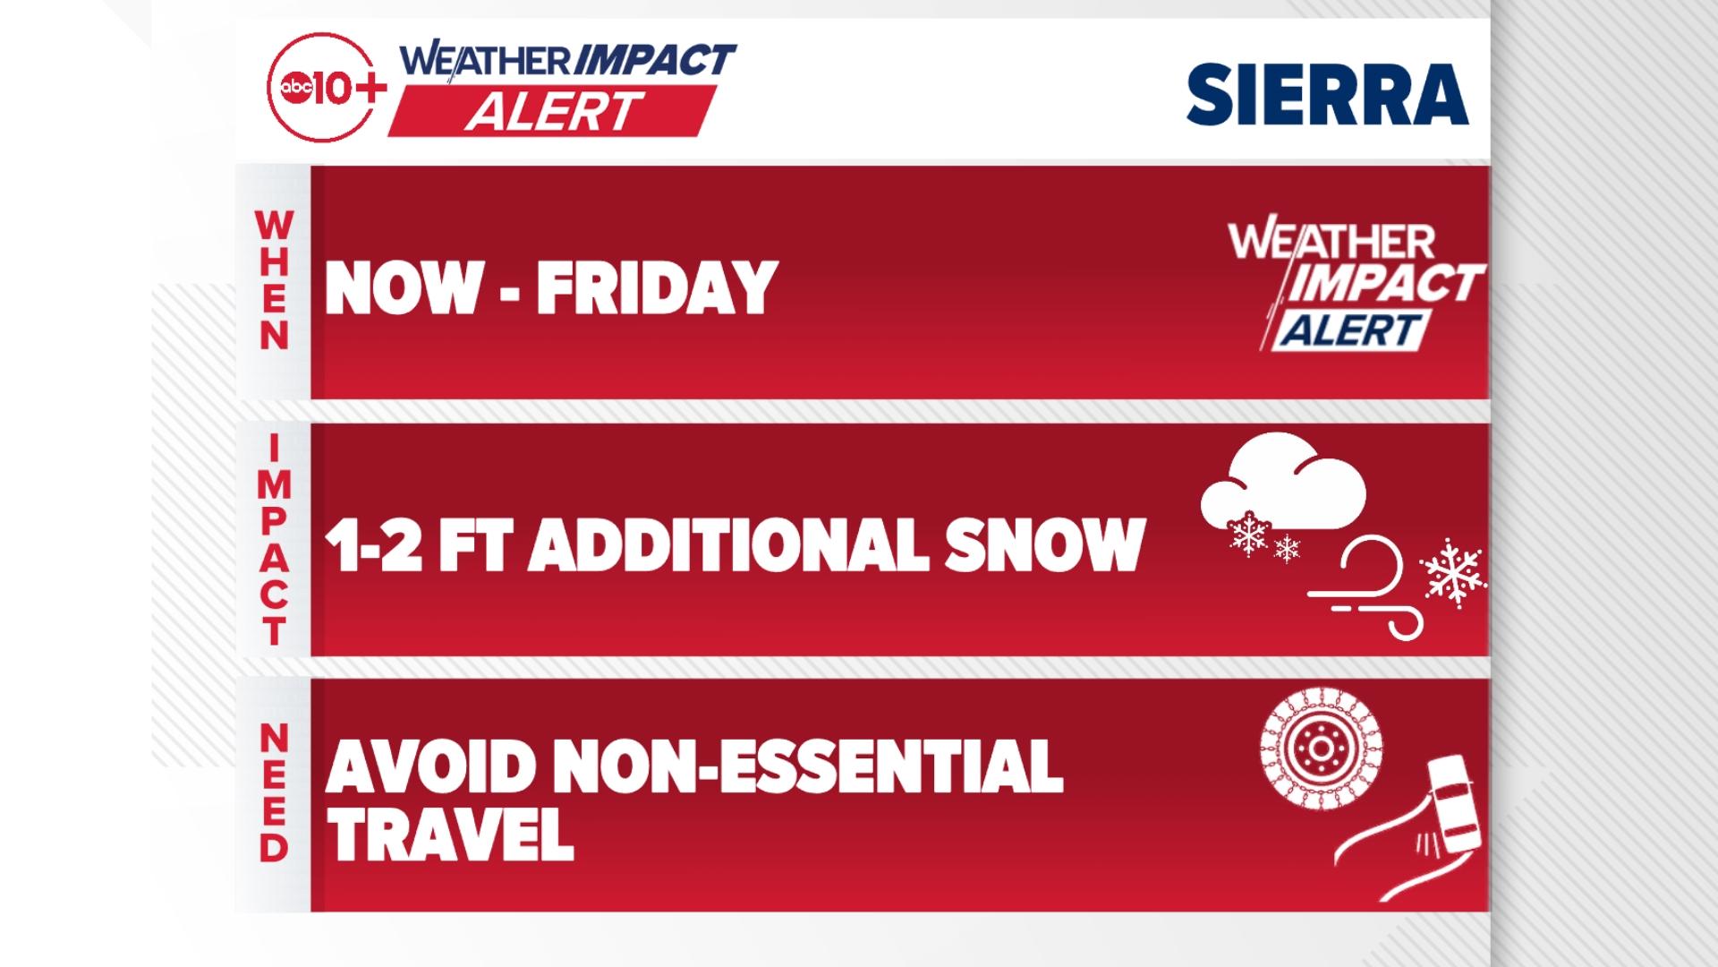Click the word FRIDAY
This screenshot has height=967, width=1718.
[x=654, y=288]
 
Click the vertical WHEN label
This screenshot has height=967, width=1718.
[x=274, y=281]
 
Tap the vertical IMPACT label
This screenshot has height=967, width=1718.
[x=275, y=540]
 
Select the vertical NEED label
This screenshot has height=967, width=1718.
[x=274, y=794]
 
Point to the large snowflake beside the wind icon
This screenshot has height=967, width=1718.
[x=1453, y=574]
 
